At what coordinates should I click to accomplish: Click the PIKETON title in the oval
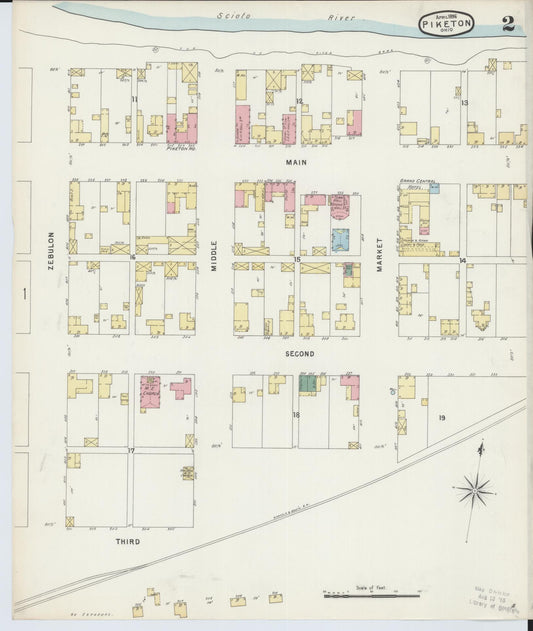coord(445,23)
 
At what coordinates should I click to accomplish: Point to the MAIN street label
coord(296,162)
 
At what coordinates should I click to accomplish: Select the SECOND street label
coord(299,354)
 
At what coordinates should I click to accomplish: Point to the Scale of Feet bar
coord(370,595)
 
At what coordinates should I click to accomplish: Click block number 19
coord(441,415)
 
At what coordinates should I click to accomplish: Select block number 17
coord(131,451)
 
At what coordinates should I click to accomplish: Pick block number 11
coord(133,100)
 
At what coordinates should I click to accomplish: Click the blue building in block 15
coord(340,238)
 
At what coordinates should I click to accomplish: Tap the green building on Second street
coord(308,383)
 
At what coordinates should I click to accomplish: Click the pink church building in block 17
coord(150,392)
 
